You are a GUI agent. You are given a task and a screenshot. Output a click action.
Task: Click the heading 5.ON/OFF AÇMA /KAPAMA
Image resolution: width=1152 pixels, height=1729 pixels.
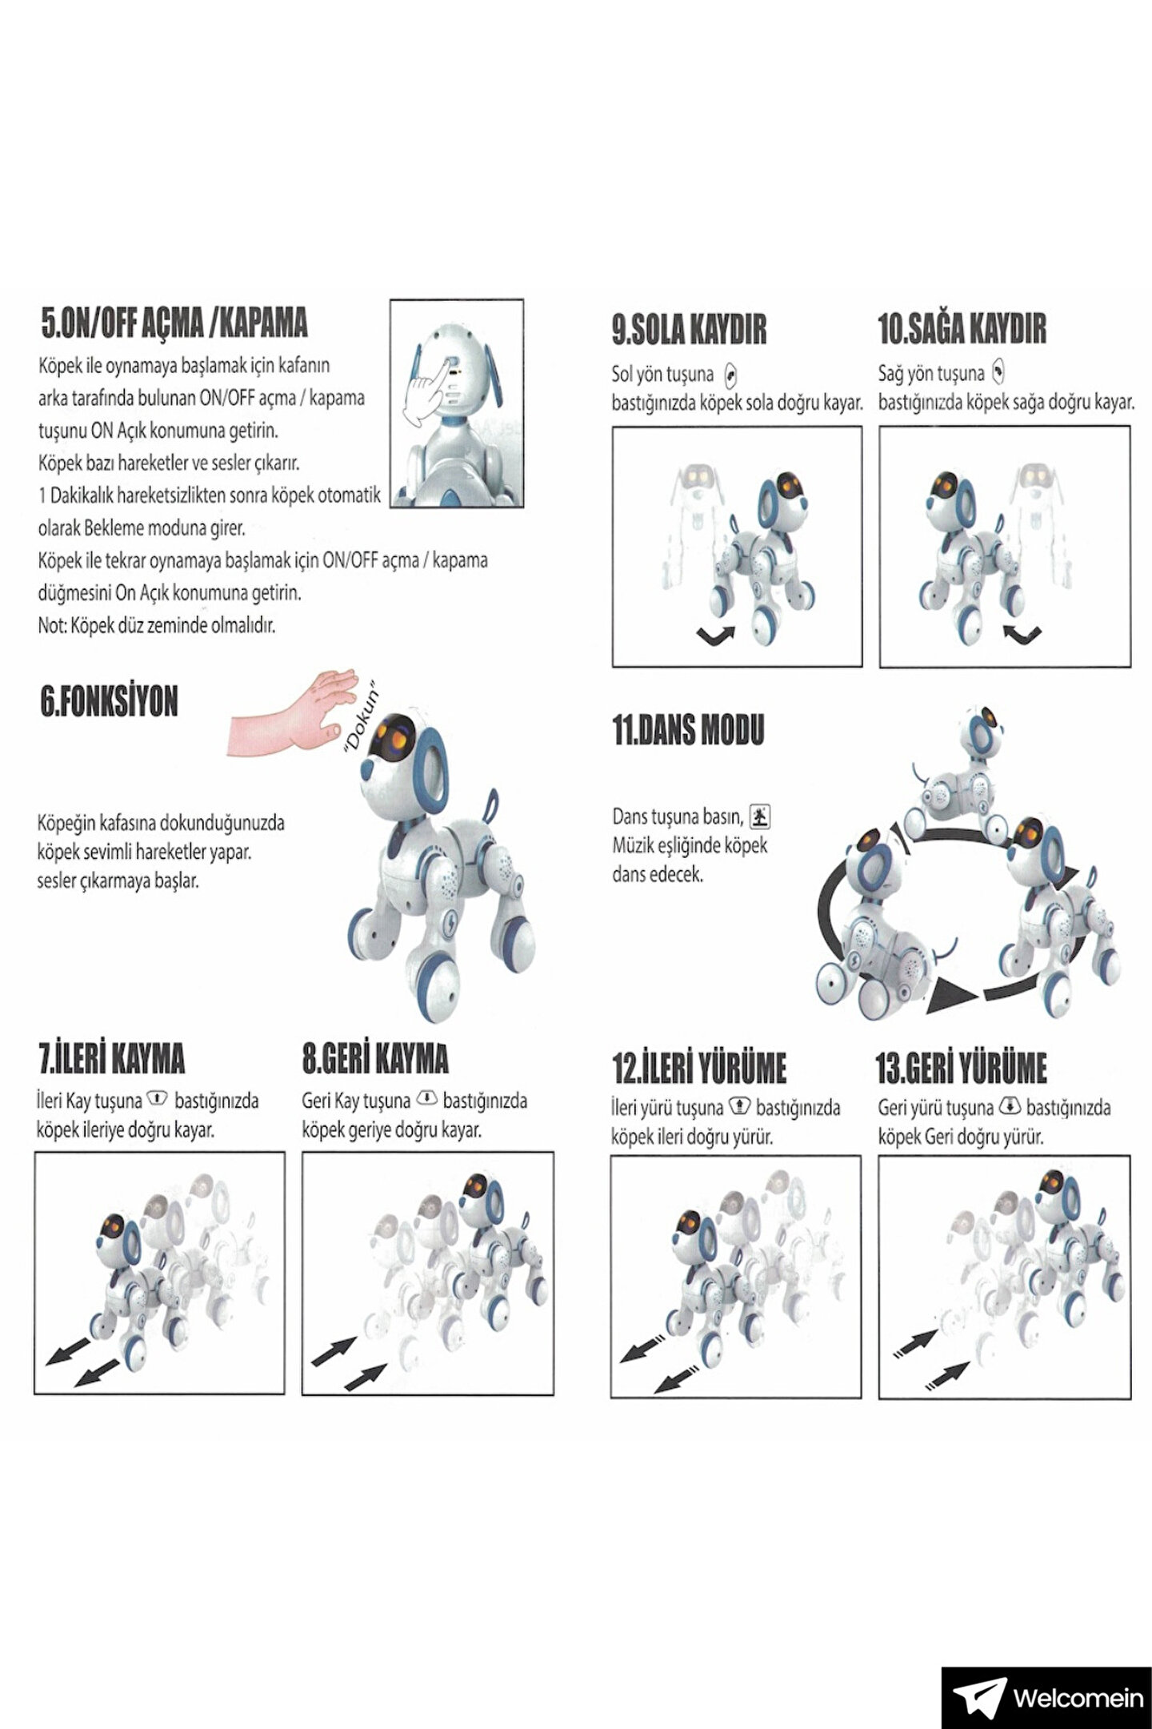pyautogui.click(x=174, y=322)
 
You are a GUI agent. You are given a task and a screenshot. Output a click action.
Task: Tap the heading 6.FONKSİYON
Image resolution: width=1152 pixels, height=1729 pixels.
pyautogui.click(x=109, y=701)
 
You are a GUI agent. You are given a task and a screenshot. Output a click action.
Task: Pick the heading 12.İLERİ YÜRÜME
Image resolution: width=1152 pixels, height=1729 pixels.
pyautogui.click(x=698, y=1067)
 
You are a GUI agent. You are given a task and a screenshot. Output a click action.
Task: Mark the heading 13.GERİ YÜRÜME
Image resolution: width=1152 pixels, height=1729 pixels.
pyautogui.click(x=962, y=1067)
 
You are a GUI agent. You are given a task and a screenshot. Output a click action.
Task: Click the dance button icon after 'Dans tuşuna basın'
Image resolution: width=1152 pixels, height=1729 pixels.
pyautogui.click(x=761, y=816)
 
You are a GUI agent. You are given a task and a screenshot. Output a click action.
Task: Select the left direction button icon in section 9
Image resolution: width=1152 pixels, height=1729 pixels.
pyautogui.click(x=729, y=375)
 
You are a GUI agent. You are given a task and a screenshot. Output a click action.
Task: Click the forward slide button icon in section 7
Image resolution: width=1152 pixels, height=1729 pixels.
pyautogui.click(x=158, y=1098)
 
